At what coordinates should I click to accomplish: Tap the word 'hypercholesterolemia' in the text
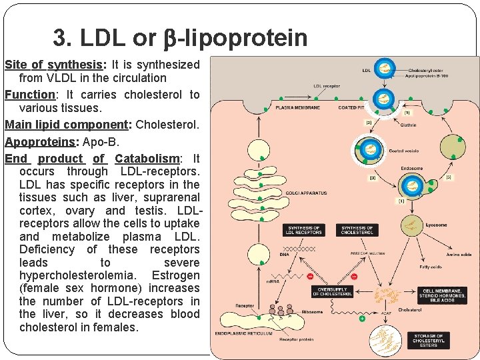pos(76,275)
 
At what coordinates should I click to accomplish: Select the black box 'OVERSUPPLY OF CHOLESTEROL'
pos(333,291)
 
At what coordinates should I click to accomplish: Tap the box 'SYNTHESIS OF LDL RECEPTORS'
pos(303,230)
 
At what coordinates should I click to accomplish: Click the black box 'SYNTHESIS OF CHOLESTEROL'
pos(357,230)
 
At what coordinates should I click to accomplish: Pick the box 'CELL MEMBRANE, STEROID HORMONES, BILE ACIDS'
pos(443,295)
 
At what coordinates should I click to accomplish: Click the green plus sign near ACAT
pos(361,319)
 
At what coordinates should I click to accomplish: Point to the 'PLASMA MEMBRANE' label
pos(297,107)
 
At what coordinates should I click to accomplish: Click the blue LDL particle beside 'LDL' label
pos(384,69)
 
